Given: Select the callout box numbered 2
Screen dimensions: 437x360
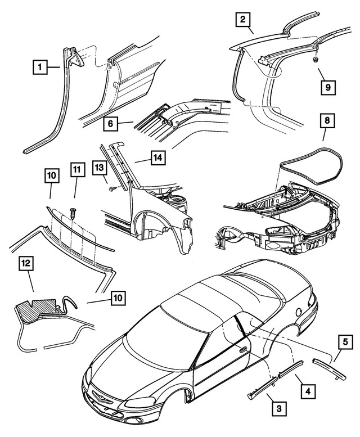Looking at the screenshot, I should [242, 21].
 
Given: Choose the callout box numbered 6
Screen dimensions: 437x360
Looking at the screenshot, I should [111, 122].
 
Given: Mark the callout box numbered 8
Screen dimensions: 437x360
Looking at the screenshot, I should [325, 120].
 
